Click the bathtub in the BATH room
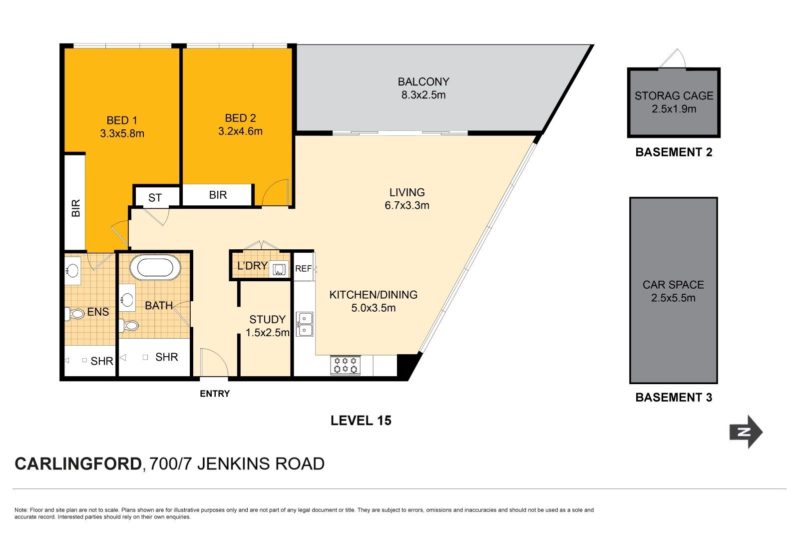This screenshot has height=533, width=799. point(155,268)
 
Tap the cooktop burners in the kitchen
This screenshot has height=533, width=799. point(345,365)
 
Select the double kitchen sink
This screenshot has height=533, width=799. point(305,324)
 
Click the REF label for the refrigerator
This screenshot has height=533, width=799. point(304,268)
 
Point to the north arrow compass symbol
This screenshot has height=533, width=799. point(746,432)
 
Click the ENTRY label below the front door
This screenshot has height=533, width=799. point(215,394)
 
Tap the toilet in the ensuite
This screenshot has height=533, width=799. point(75,314)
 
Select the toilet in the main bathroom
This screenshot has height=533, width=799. point(128,325)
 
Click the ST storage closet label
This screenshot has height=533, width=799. point(155,198)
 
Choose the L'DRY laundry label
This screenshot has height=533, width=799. point(252,266)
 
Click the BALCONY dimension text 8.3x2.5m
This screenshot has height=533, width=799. point(423,95)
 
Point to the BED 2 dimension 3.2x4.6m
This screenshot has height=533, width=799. point(240,131)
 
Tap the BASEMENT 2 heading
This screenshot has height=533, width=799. point(674,152)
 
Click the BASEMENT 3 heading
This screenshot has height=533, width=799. point(674,398)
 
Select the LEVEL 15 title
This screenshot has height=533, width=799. point(361,421)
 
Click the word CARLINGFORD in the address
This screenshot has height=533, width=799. point(78,464)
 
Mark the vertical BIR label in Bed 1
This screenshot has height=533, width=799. point(75,208)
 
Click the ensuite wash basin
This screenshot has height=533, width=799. point(72,271)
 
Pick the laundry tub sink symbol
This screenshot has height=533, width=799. point(279,269)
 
